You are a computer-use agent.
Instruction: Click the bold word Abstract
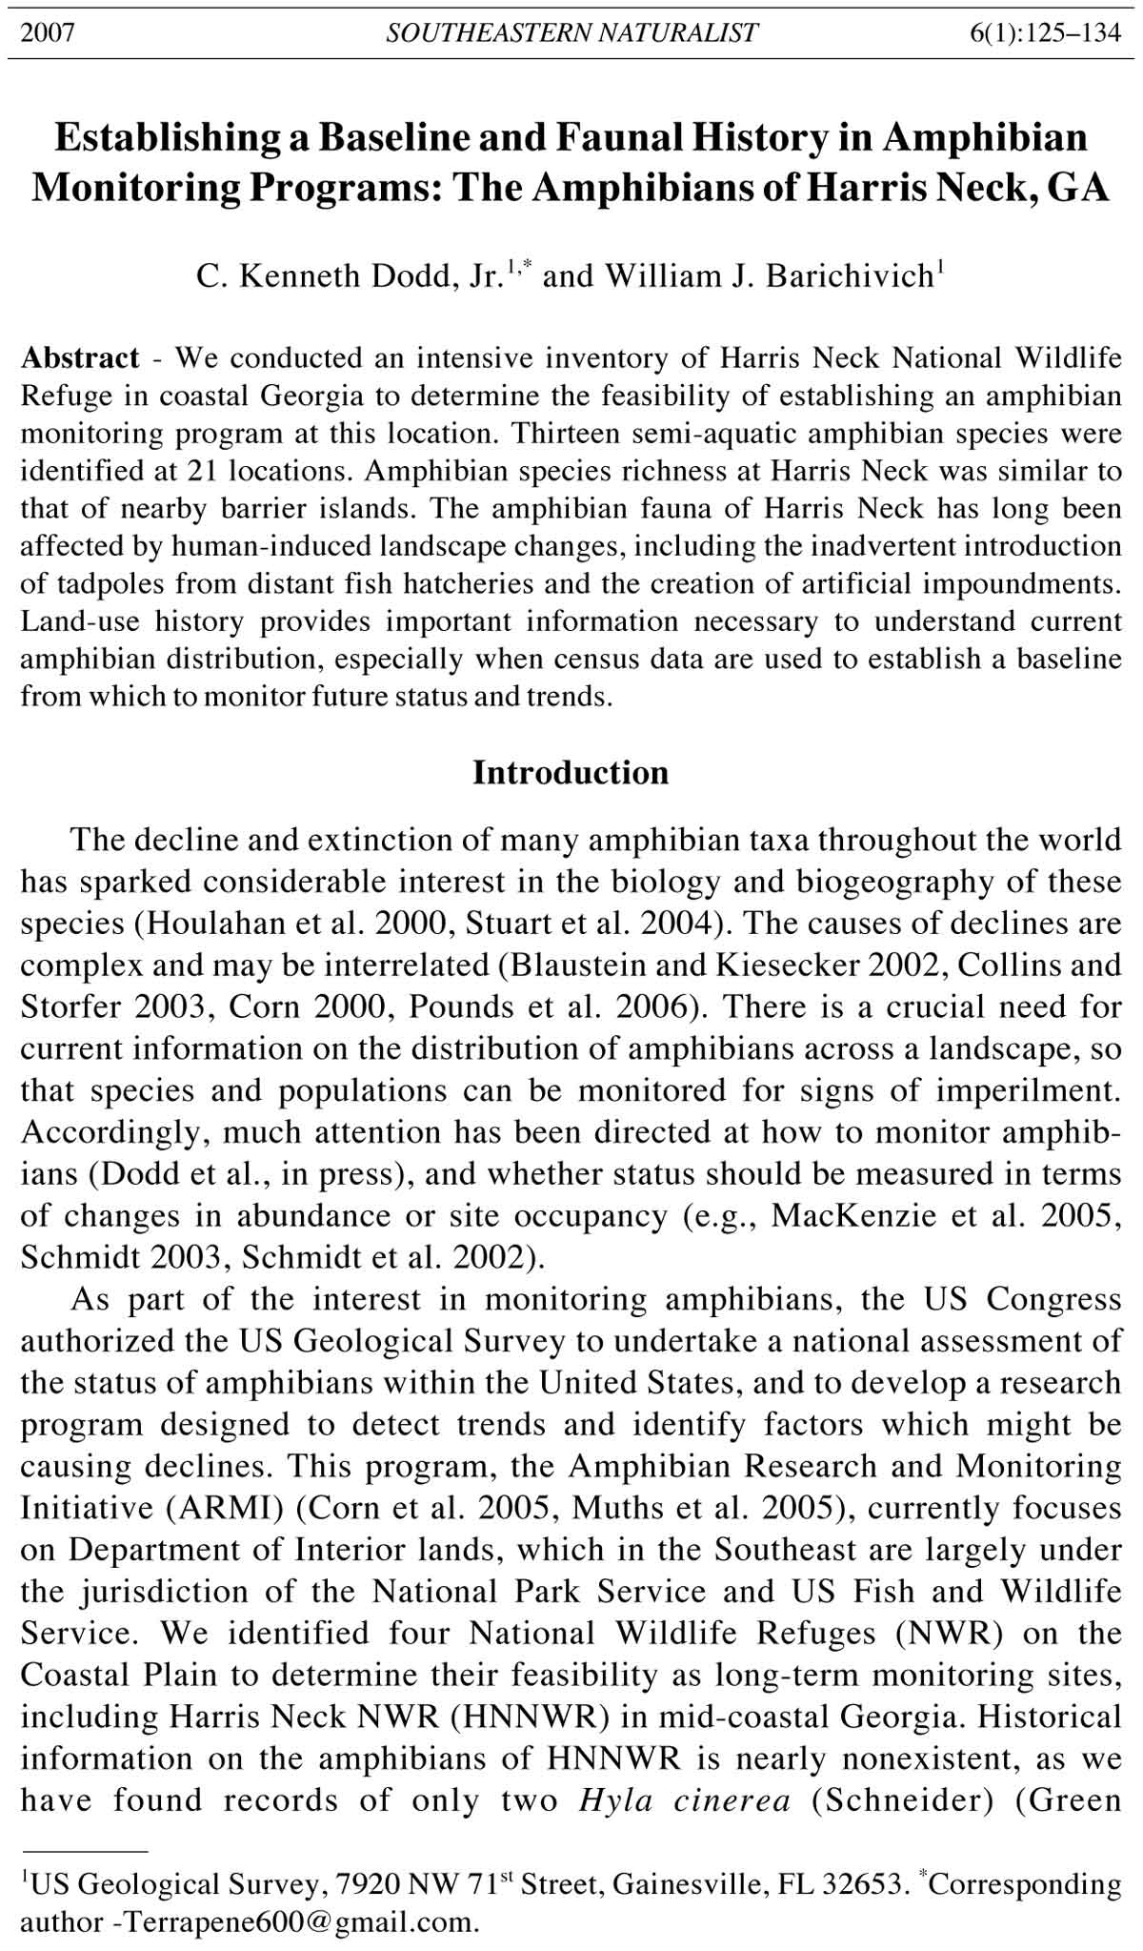click(81, 358)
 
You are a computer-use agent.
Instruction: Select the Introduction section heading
click(571, 772)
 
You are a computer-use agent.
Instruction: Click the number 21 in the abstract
click(288, 471)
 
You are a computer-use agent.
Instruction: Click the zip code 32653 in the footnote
click(869, 1885)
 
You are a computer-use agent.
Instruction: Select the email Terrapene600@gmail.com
click(294, 1921)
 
